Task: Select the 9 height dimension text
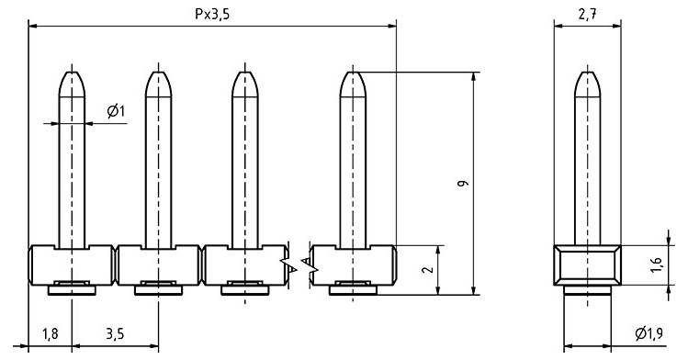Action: coord(466,184)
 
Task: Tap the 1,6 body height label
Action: coord(655,265)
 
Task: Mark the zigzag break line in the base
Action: coord(300,265)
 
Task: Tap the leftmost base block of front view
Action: coord(73,264)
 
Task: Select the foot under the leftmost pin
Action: coord(73,291)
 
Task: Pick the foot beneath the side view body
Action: coord(588,291)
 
